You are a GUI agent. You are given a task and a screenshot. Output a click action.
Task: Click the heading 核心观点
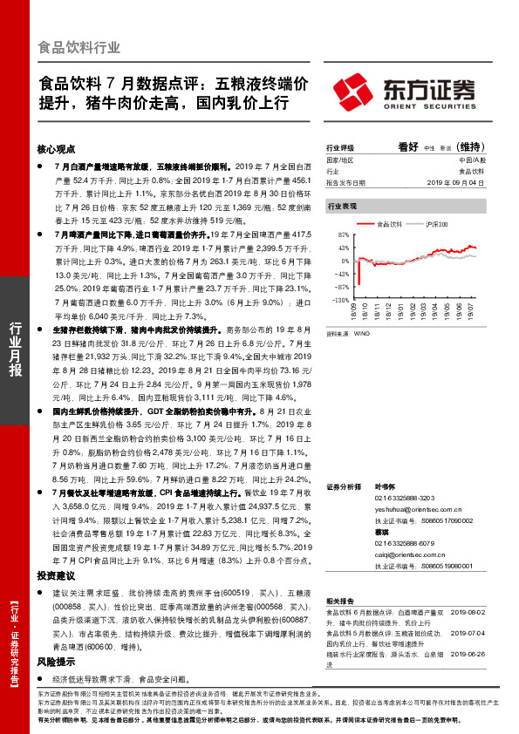tap(57, 148)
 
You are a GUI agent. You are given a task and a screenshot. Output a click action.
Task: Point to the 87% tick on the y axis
tap(343, 236)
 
